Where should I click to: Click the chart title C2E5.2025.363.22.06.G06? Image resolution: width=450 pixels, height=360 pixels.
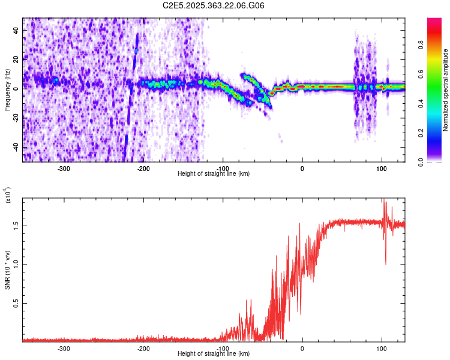coord(214,5)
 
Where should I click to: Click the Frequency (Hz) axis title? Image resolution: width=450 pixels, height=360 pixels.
coord(7,90)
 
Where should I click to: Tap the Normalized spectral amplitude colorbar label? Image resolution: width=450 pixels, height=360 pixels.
coord(446,90)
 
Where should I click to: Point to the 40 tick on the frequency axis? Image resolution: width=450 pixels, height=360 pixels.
coord(16,29)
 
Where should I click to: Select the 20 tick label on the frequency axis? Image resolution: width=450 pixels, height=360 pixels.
coord(16,59)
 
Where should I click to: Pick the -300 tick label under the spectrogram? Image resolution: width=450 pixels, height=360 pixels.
coord(64,168)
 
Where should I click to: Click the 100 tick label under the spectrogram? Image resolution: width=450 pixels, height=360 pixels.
coord(381,168)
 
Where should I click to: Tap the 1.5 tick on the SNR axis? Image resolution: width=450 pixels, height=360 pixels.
coord(16,226)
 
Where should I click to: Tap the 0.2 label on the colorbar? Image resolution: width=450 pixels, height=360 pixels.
coord(437,133)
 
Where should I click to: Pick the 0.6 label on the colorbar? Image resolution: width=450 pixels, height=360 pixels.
coord(437,73)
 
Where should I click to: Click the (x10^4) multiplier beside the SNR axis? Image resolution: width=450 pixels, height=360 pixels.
coord(7,195)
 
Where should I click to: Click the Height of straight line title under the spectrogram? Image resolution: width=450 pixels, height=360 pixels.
coord(214,174)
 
